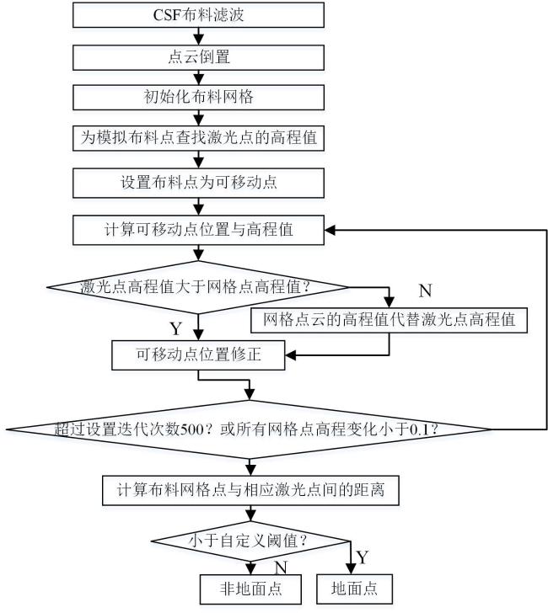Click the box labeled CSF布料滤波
[198, 15]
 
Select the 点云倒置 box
[198, 57]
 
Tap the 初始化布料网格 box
[198, 98]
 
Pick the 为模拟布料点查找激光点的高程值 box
[198, 138]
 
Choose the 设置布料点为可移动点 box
[198, 183]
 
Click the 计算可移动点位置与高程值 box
[198, 230]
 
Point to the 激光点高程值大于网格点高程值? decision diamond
[197, 287]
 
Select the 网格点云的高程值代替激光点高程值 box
[390, 320]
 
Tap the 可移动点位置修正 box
[198, 355]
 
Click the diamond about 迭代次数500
[249, 429]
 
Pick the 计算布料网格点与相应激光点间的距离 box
[250, 490]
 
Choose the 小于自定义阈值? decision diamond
[250, 541]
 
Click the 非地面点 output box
[250, 589]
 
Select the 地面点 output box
[354, 589]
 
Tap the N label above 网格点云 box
[426, 291]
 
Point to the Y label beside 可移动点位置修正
[176, 328]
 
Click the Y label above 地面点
[362, 557]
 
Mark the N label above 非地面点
[281, 568]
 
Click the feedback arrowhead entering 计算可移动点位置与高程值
[330, 230]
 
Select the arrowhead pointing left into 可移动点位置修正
[290, 355]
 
